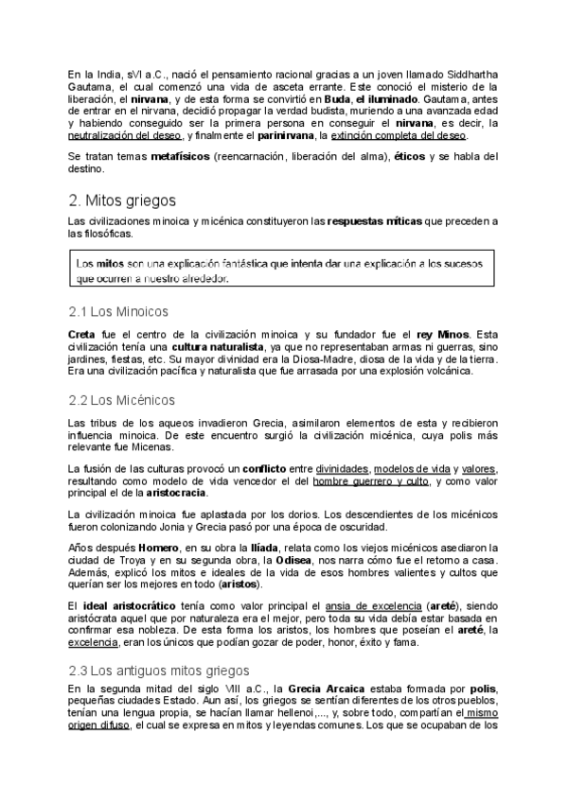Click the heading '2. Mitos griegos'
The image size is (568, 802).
point(123,200)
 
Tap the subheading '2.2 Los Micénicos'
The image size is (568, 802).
point(122,400)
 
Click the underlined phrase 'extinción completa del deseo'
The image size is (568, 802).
point(412,135)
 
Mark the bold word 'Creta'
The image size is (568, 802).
point(82,334)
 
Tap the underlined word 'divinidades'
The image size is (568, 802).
point(343,469)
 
